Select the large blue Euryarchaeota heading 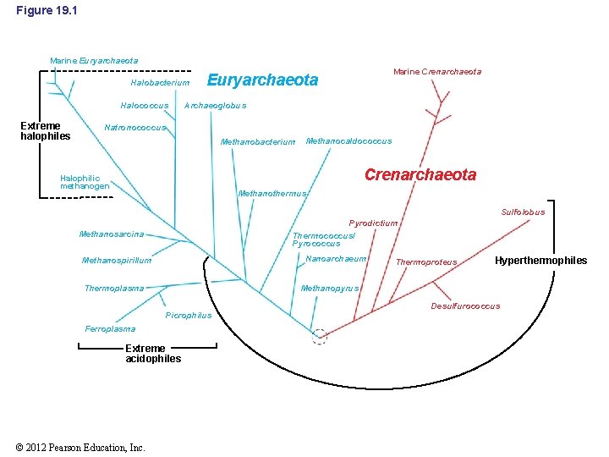point(262,80)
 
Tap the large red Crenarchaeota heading point(420,175)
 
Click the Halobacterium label point(160,83)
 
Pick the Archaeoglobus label point(215,106)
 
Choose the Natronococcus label point(134,127)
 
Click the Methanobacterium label point(258,141)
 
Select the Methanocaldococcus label point(348,140)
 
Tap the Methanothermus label point(272,194)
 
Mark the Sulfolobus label point(523,212)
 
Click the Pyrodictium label point(373,223)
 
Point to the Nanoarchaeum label point(336,259)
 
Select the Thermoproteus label point(426,262)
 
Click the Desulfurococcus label point(465,306)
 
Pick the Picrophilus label point(189,316)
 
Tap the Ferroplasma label point(110,329)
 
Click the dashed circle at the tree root point(320,336)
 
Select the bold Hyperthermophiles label point(540,261)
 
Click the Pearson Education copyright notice point(80,448)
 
